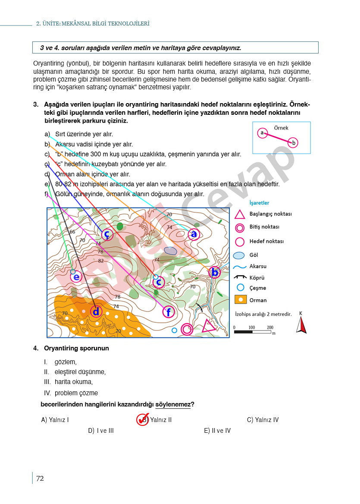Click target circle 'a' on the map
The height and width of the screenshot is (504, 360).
pyautogui.click(x=194, y=234)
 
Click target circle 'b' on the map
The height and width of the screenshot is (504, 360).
pyautogui.click(x=214, y=272)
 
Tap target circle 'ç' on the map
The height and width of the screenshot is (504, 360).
pyautogui.click(x=107, y=234)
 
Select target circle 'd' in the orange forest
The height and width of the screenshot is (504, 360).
pyautogui.click(x=96, y=311)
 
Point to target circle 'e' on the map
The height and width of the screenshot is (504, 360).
pyautogui.click(x=76, y=277)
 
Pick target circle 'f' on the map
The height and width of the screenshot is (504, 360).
pyautogui.click(x=169, y=312)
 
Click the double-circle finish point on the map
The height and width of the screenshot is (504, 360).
pyautogui.click(x=187, y=329)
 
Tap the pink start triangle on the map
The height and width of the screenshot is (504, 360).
pyautogui.click(x=209, y=326)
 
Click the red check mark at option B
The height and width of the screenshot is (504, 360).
pyautogui.click(x=142, y=419)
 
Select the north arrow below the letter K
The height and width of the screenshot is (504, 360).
pyautogui.click(x=301, y=324)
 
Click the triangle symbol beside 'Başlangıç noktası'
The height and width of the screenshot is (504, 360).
pyautogui.click(x=240, y=214)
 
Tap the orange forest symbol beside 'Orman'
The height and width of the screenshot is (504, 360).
pyautogui.click(x=240, y=300)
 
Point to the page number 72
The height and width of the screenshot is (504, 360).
pyautogui.click(x=40, y=478)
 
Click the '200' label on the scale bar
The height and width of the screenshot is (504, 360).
pyautogui.click(x=270, y=328)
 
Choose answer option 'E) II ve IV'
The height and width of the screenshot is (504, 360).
pyautogui.click(x=217, y=431)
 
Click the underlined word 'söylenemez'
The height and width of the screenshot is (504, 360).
pyautogui.click(x=173, y=404)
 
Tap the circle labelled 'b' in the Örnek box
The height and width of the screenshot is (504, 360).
pyautogui.click(x=293, y=142)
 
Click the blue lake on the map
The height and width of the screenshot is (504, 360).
pyautogui.click(x=171, y=250)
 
